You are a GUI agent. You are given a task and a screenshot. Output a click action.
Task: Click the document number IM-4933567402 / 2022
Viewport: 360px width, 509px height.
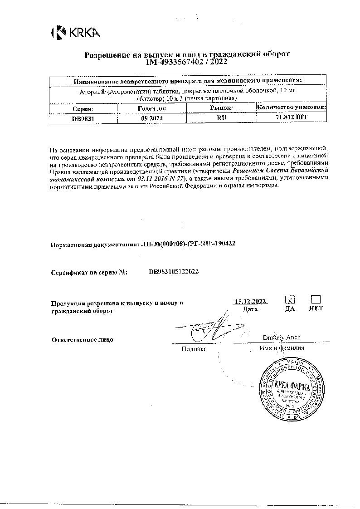tap(187, 61)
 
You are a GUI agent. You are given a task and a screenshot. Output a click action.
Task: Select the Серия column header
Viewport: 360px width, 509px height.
tap(83, 108)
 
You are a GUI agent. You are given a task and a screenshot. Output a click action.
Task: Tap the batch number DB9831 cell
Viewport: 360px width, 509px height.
tap(83, 117)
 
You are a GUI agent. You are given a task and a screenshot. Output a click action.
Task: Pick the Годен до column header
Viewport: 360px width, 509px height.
tap(152, 108)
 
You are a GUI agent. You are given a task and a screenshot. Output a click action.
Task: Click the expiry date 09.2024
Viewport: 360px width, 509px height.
tap(152, 117)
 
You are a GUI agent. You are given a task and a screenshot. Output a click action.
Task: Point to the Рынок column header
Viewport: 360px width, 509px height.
tap(222, 108)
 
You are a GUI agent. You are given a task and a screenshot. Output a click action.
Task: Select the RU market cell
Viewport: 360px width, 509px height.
tap(222, 117)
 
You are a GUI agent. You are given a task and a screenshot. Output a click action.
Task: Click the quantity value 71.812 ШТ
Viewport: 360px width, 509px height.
tap(292, 117)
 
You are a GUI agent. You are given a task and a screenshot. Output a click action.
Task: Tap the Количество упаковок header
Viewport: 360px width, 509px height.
tap(292, 108)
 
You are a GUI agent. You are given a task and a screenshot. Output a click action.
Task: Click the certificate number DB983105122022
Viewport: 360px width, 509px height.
tap(174, 272)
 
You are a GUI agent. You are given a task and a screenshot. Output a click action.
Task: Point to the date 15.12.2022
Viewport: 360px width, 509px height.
tap(250, 301)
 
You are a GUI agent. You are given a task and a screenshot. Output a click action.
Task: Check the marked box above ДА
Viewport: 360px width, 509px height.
tap(290, 300)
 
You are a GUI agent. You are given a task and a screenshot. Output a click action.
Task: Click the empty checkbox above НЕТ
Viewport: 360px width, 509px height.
tap(316, 299)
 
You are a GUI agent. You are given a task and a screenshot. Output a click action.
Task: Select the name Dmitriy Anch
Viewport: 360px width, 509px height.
tap(282, 338)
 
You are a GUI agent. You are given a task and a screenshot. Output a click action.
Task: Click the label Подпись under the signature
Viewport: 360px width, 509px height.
tap(194, 349)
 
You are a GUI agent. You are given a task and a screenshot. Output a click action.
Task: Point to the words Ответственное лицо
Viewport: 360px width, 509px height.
tap(82, 339)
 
